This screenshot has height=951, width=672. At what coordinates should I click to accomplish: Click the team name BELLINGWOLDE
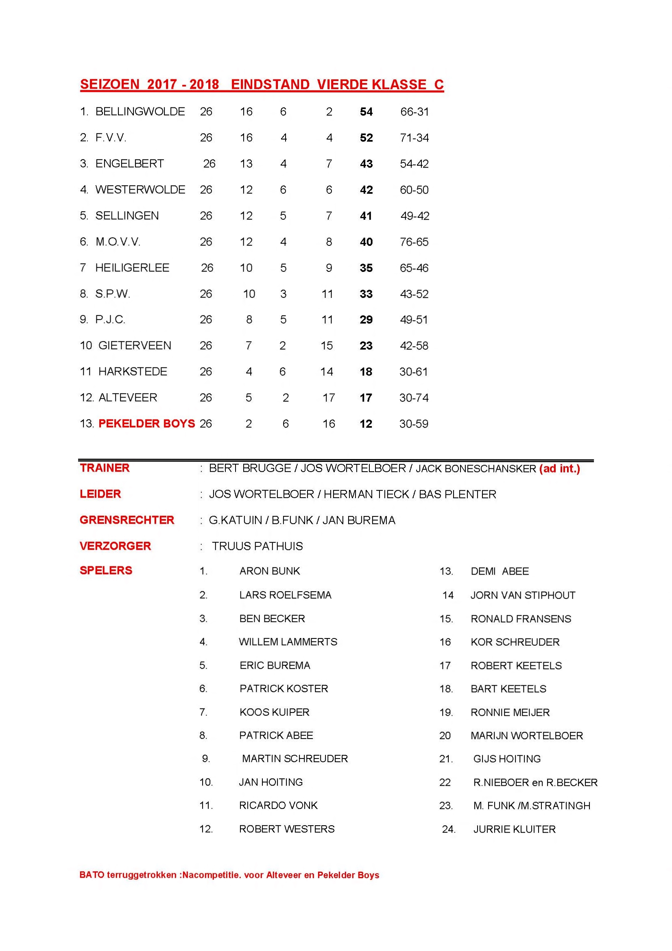[x=140, y=111]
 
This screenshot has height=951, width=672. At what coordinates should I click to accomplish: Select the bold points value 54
[x=366, y=111]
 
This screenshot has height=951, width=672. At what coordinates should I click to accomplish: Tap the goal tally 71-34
[x=414, y=138]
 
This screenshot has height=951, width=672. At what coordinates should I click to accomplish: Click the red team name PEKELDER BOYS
[x=146, y=423]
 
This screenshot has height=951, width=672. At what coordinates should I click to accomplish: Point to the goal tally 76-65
[x=414, y=242]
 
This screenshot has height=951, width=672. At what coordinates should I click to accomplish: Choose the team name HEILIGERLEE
[x=132, y=268]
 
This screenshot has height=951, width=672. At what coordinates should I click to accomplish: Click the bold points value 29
[x=366, y=320]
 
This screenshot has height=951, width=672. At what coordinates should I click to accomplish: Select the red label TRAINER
[x=105, y=468]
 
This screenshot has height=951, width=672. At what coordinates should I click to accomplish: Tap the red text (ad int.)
[x=559, y=468]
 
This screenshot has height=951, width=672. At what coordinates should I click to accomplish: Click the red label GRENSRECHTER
[x=127, y=520]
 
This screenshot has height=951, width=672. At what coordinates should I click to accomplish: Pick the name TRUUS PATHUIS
[x=257, y=547]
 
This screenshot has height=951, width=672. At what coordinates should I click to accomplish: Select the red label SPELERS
[x=106, y=571]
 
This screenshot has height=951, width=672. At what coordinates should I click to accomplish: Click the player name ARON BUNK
[x=270, y=571]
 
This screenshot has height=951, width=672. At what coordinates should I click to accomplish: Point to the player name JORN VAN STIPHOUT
[x=523, y=595]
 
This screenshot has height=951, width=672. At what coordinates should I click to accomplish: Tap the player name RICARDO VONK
[x=278, y=806]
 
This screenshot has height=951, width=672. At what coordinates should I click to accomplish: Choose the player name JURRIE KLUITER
[x=514, y=829]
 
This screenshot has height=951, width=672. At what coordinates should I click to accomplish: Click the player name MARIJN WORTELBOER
[x=527, y=736]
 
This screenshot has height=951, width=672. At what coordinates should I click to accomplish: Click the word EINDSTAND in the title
[x=270, y=85]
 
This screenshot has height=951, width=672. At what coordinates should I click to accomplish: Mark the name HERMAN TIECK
[x=366, y=494]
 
